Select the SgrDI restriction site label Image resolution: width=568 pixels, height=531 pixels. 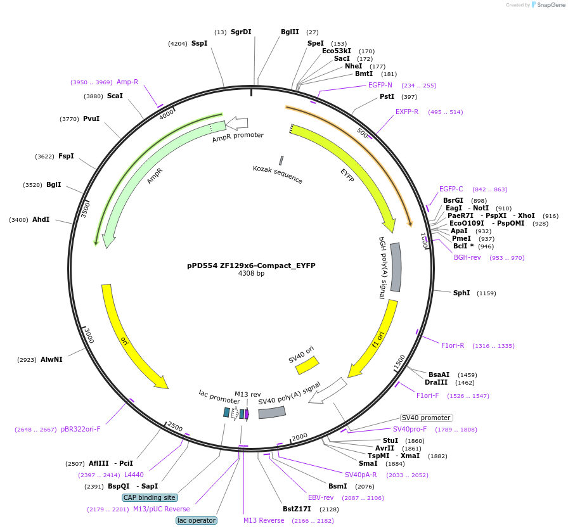click(x=241, y=32)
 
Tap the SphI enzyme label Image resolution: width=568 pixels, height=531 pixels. click(x=461, y=293)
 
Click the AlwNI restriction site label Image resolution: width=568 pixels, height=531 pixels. click(x=51, y=359)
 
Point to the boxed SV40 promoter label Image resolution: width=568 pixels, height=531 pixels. click(x=427, y=418)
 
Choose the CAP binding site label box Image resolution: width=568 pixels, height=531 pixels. click(x=150, y=497)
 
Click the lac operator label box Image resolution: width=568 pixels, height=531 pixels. click(x=197, y=520)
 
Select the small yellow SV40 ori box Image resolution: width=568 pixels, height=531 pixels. click(x=307, y=365)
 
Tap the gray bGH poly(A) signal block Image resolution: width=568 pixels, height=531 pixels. click(x=396, y=267)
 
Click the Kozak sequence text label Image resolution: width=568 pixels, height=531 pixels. click(x=278, y=174)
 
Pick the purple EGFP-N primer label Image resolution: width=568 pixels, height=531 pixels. click(x=380, y=85)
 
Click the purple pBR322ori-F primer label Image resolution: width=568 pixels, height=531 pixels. click(x=81, y=429)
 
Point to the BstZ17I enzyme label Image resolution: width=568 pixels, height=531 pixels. click(x=297, y=509)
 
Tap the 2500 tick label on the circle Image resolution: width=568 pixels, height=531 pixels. click(x=175, y=426)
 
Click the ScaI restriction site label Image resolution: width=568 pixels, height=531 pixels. click(x=115, y=96)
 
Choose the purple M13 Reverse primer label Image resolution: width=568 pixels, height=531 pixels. click(x=264, y=520)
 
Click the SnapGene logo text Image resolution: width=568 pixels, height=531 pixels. click(x=549, y=5)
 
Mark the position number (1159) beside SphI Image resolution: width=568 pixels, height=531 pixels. click(x=486, y=293)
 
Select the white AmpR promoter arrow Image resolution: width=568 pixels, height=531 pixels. click(x=237, y=123)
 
